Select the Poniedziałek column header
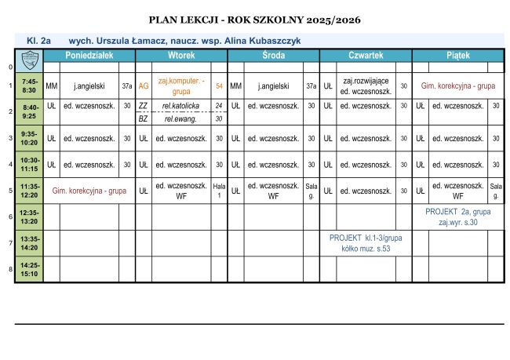pos(89,56)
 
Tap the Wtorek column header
pos(181,56)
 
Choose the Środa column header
pos(274,56)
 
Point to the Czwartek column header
pos(366,56)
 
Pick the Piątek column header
pos(457,56)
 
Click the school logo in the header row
pos(31,56)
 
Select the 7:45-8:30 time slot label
pos(31,85)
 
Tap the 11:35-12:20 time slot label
pos(31,190)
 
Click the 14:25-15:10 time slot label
pos(31,269)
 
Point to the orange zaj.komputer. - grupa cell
pos(181,85)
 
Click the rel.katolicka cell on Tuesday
pos(181,105)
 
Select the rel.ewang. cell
pos(181,118)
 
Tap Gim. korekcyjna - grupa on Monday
pos(89,190)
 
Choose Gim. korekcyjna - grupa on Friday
pos(457,85)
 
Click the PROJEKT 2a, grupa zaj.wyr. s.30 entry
pos(457,216)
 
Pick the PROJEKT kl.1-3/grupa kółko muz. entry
pos(366,242)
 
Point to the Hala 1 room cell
pos(220,190)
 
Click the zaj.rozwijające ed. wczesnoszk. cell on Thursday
pos(366,85)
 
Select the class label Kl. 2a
pos(38,39)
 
